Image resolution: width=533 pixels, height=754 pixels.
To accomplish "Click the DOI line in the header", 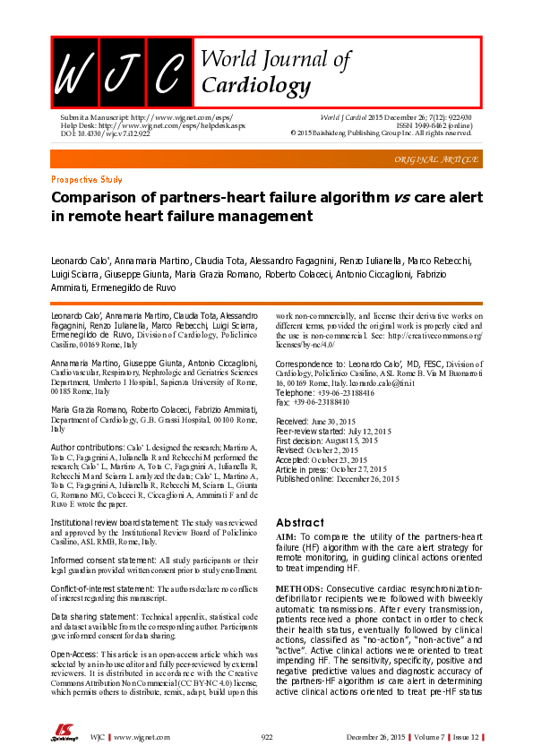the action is click(106, 133).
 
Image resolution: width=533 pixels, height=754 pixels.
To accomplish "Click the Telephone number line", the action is click(324, 393).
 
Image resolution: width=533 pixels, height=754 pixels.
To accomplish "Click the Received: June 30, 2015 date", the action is click(322, 420).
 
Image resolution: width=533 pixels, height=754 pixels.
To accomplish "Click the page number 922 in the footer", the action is click(266, 736).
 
